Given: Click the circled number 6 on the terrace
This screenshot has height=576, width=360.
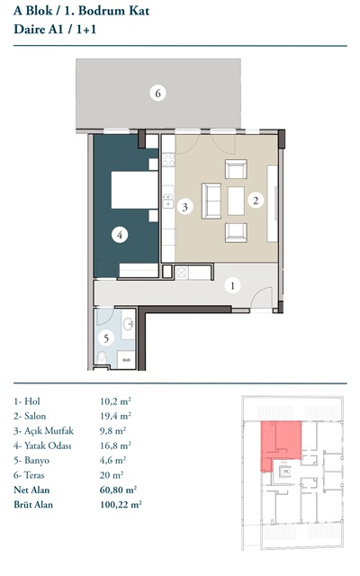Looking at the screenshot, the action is pos(158,93).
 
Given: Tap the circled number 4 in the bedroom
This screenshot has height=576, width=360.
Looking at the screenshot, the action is pos(120,235).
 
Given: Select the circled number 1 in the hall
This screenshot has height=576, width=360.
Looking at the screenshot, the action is pos(232,285).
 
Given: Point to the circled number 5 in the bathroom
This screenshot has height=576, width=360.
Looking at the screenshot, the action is pos(106,337).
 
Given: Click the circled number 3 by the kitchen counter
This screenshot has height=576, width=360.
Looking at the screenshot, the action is pos(185,207).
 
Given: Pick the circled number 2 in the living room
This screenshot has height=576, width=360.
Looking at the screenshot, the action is pos(256,200).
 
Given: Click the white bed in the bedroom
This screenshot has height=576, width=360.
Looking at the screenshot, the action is pos(135,190).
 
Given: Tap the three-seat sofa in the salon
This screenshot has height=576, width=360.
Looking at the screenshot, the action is pos(211,201).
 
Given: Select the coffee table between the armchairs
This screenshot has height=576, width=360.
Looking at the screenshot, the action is pos(236,201).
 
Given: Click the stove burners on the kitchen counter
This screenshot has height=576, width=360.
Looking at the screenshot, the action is pos(168,159).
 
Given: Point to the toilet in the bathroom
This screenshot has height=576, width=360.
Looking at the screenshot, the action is pos(102,357).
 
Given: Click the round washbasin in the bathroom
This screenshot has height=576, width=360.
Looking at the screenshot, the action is pos(129,324).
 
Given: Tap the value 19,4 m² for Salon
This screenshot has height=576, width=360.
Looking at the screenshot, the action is pos(115,416).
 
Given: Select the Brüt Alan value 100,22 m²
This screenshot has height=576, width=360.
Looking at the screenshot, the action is pos(121,504).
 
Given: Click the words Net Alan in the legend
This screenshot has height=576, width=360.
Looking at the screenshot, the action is pos(31,490).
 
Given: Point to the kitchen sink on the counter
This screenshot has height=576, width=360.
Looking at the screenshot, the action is pos(168,200).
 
